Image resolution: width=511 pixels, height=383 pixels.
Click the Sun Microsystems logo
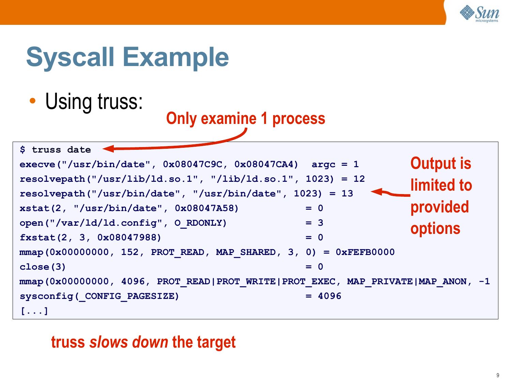pos(479,14)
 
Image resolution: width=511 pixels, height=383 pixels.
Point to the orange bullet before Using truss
pos(33,101)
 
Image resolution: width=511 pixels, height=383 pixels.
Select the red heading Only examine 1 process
pos(246,118)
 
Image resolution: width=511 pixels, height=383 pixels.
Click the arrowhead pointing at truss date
pos(108,148)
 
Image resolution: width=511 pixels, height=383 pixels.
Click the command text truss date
pos(61,150)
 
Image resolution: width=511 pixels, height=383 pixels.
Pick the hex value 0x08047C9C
pos(192,164)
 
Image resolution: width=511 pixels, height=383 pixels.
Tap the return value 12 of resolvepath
pos(359,179)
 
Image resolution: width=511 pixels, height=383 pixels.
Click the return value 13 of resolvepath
pos(347,194)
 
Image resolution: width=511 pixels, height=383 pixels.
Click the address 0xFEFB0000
pos(365,252)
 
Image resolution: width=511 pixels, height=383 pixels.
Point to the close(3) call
pos(43,267)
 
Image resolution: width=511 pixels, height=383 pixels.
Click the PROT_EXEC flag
pos(308,282)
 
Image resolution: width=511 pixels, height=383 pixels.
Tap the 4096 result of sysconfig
pos(329,296)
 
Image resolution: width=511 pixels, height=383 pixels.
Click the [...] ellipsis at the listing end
pos(34,311)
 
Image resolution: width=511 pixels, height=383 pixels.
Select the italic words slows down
pos(129,342)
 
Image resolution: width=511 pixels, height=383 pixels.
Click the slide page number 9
pos(498,375)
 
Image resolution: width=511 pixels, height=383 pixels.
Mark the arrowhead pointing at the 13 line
pos(376,192)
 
